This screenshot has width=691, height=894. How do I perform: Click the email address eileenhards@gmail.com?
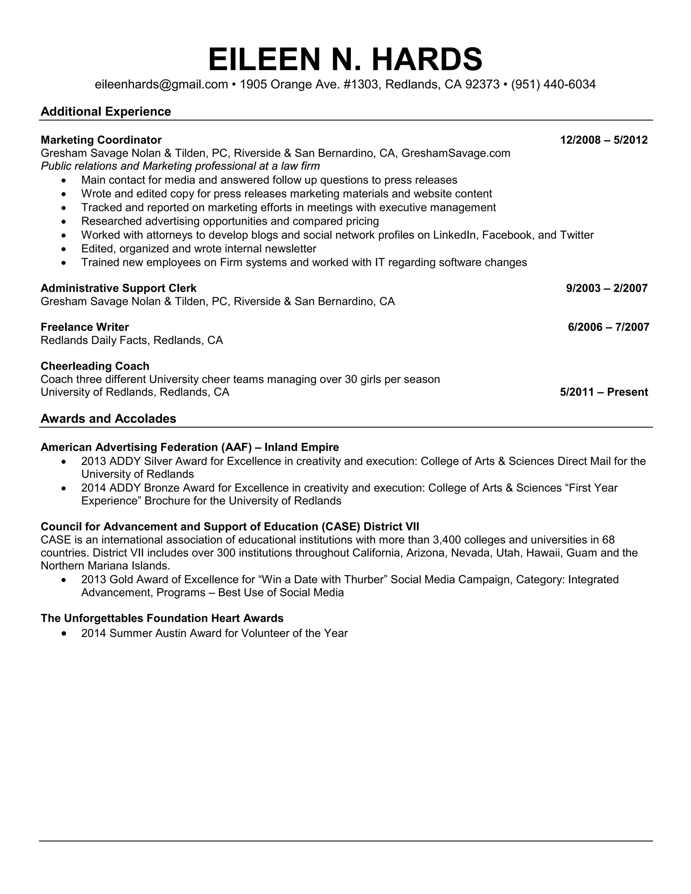click(161, 84)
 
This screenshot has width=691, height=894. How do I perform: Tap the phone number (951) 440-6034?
click(553, 84)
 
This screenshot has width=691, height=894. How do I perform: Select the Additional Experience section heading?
click(106, 111)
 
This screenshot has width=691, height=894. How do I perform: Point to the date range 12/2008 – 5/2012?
click(604, 140)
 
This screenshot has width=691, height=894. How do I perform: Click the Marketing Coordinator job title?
click(101, 140)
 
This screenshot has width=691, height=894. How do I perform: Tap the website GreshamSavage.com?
click(455, 153)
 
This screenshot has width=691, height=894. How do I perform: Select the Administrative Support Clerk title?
click(118, 288)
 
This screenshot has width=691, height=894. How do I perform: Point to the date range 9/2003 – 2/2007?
click(607, 288)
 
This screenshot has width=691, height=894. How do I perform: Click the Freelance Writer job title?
click(85, 327)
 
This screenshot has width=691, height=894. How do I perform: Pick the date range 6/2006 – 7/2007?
click(608, 327)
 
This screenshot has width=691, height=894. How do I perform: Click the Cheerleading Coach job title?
click(95, 366)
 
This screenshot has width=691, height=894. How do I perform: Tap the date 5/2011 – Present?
click(604, 392)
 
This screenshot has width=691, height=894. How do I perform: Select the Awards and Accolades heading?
click(109, 418)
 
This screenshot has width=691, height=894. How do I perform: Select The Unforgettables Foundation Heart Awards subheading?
click(162, 618)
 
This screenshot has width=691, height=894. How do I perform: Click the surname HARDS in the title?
click(427, 60)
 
